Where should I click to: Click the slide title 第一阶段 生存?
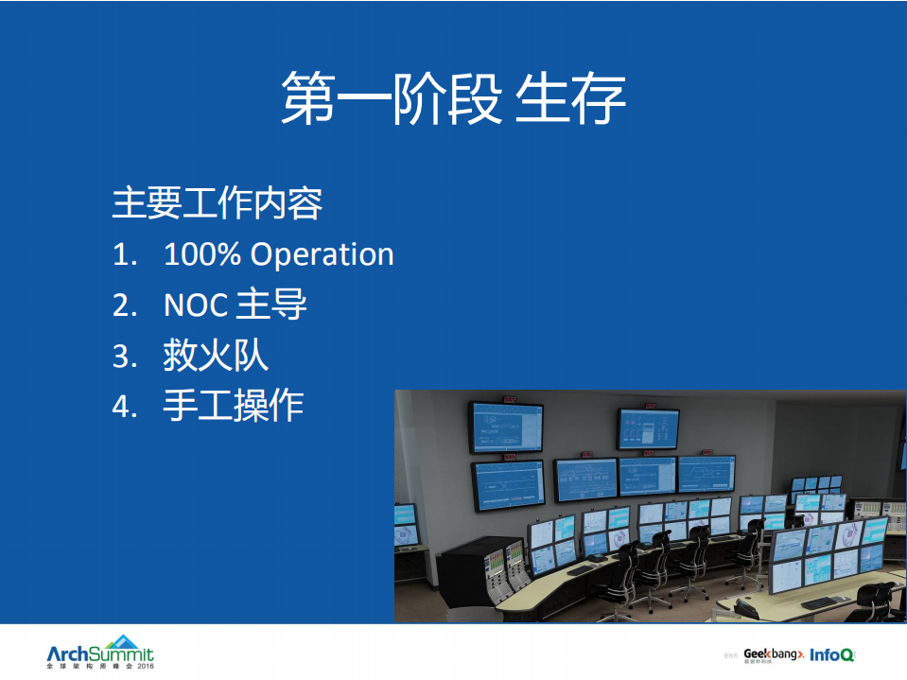(x=453, y=98)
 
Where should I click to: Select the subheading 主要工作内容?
(x=218, y=203)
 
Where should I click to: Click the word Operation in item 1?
(x=322, y=255)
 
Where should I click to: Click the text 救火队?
(x=216, y=356)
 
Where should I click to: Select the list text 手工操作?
(x=234, y=406)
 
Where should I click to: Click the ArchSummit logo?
(x=99, y=652)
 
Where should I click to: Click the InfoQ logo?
(x=832, y=654)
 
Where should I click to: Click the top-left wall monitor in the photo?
(x=506, y=427)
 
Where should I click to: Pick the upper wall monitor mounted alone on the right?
(x=648, y=428)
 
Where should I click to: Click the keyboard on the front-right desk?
(x=825, y=602)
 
